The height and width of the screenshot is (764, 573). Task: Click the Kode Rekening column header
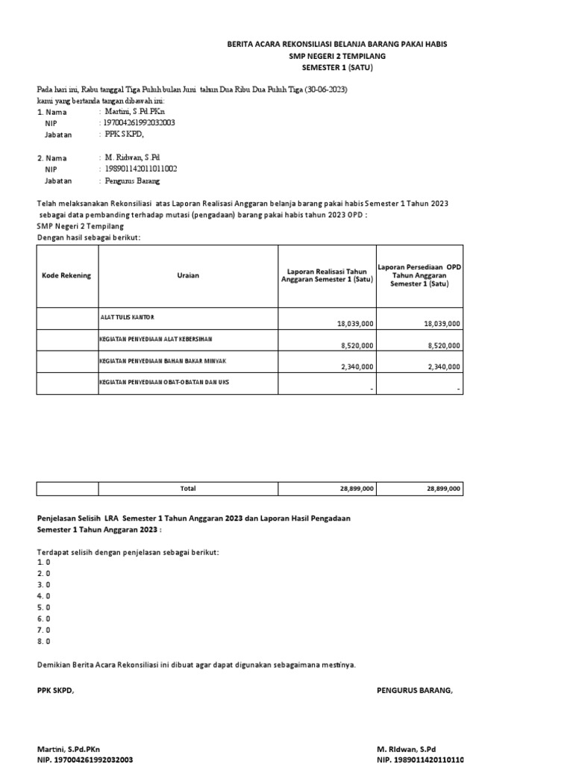click(x=66, y=275)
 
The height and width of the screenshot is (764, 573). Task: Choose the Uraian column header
click(x=188, y=275)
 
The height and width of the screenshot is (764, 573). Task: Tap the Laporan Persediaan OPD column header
click(x=420, y=275)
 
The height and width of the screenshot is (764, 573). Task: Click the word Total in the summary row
click(x=188, y=488)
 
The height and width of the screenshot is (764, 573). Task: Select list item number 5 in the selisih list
click(x=43, y=607)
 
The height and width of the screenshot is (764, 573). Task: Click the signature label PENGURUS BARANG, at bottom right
click(x=415, y=690)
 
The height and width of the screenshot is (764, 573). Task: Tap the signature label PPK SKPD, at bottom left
click(x=56, y=690)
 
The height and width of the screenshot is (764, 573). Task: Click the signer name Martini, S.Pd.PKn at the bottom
click(x=69, y=748)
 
